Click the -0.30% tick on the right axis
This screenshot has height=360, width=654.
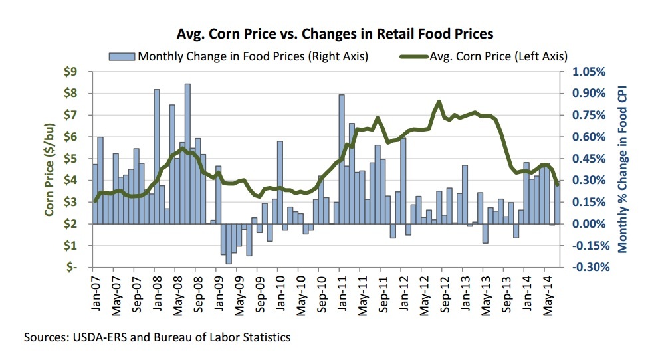pyautogui.click(x=585, y=267)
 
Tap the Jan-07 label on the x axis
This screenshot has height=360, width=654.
pyautogui.click(x=96, y=290)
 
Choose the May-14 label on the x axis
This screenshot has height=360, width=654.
pyautogui.click(x=545, y=290)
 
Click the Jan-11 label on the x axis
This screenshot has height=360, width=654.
pyautogui.click(x=341, y=290)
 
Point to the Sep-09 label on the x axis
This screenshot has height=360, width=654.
pyautogui.click(x=259, y=290)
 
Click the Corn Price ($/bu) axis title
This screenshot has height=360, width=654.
pyautogui.click(x=50, y=170)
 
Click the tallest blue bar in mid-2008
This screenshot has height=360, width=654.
pyautogui.click(x=187, y=153)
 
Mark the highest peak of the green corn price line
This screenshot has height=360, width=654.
pyautogui.click(x=439, y=102)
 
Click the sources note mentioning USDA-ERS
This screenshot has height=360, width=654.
pyautogui.click(x=158, y=337)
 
